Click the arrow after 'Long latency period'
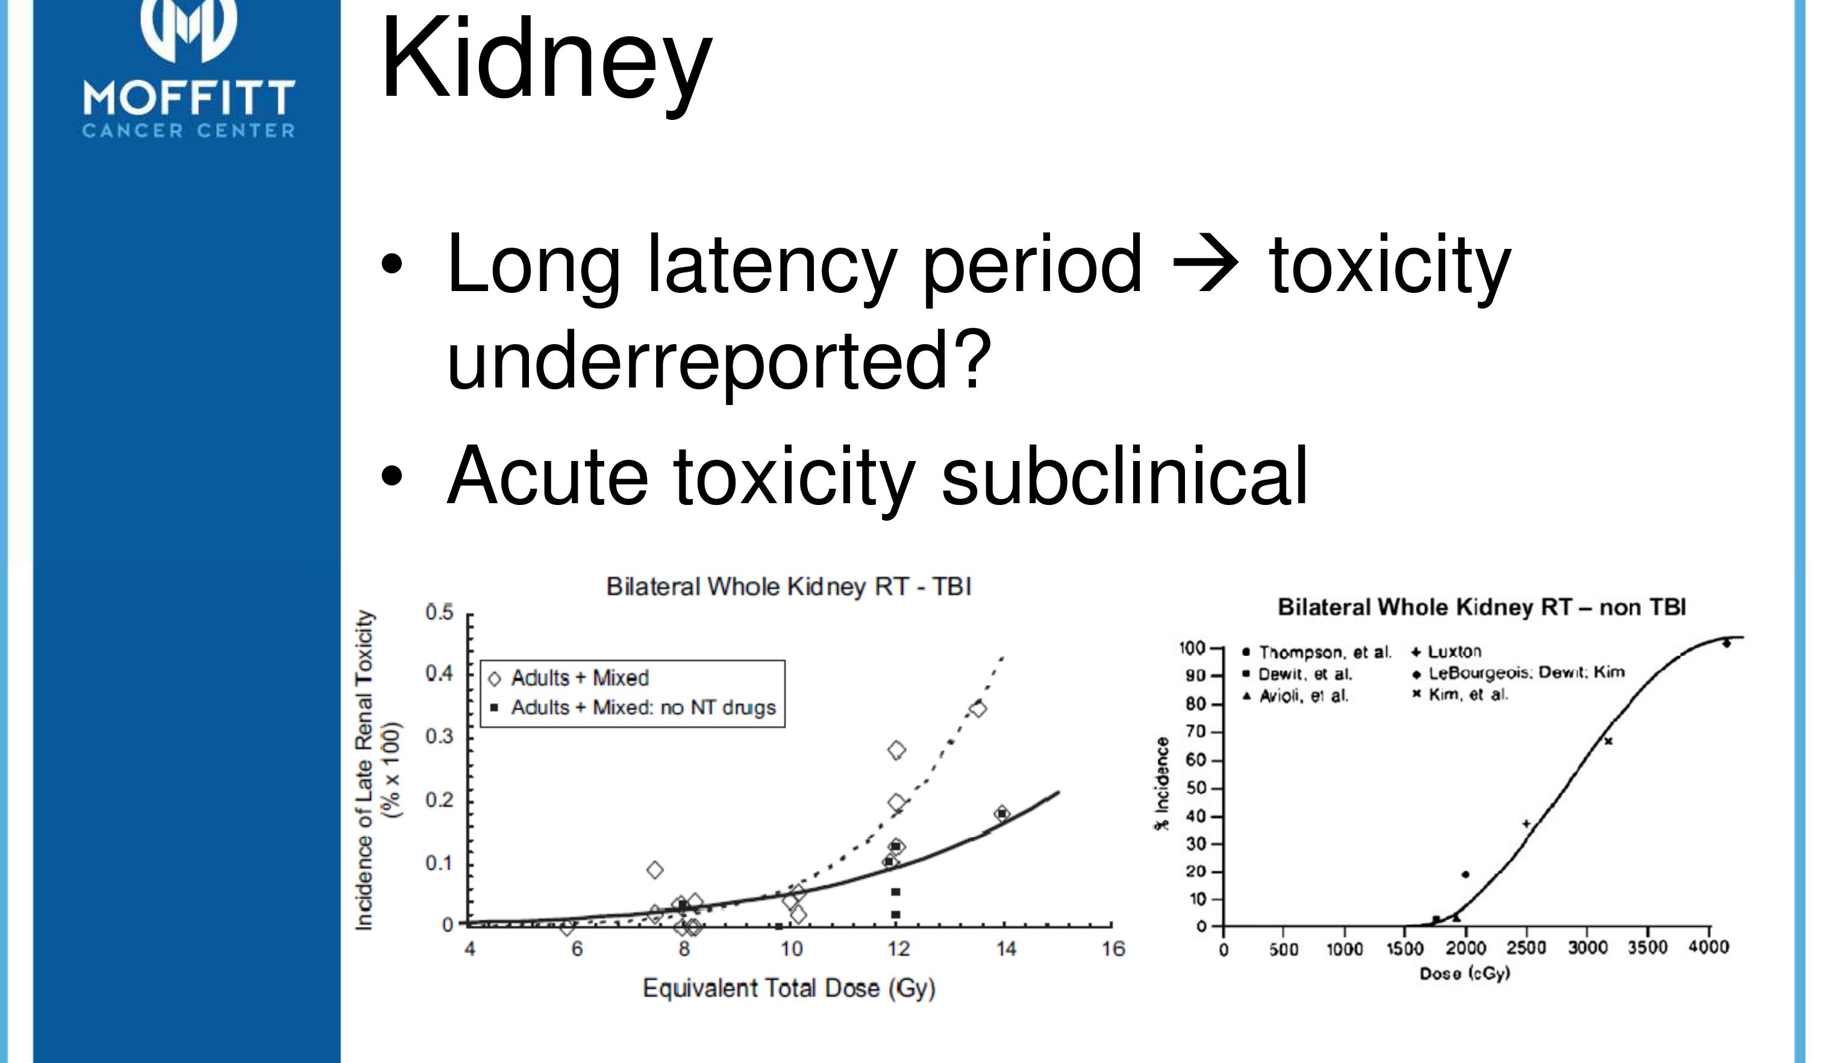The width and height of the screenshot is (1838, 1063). click(x=1205, y=264)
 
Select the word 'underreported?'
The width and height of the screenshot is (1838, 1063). click(x=719, y=359)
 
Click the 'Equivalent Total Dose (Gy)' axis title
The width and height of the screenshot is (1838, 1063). click(x=789, y=989)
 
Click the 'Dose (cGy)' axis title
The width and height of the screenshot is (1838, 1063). click(x=1464, y=973)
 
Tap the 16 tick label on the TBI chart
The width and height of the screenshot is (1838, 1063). click(x=1113, y=949)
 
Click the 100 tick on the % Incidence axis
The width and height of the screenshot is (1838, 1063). click(x=1192, y=648)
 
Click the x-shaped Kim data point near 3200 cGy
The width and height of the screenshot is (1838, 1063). click(x=1607, y=741)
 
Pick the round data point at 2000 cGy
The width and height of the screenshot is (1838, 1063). click(x=1465, y=874)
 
